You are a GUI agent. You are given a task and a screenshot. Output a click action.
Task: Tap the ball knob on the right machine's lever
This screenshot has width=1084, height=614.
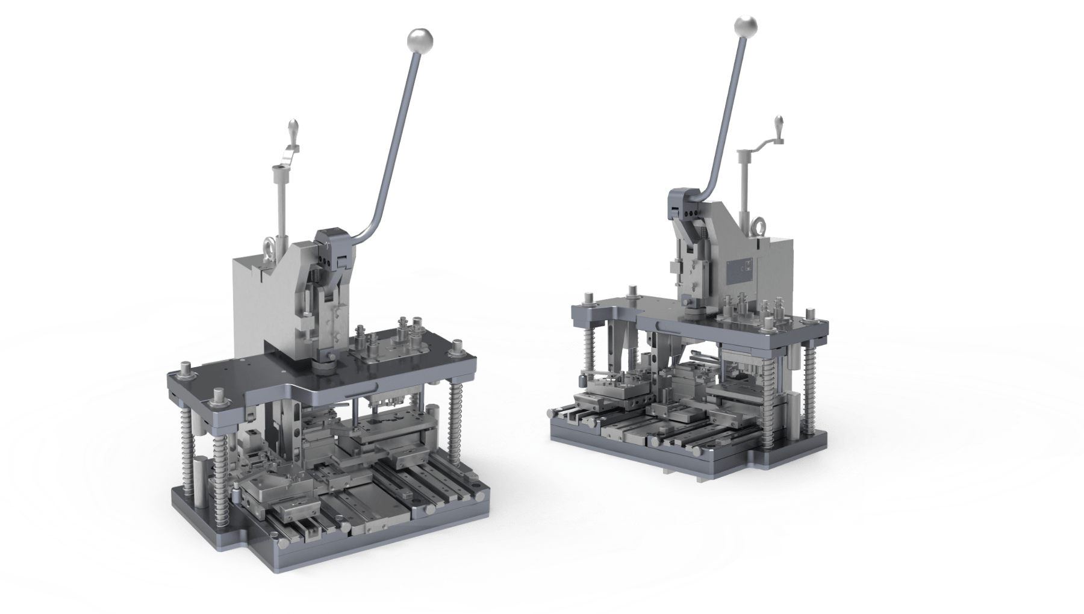click(746, 25)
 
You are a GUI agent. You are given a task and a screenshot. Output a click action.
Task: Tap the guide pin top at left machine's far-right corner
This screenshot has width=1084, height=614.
click(458, 347)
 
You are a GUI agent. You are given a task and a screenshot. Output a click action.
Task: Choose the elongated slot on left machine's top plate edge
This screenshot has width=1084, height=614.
click(362, 391)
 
